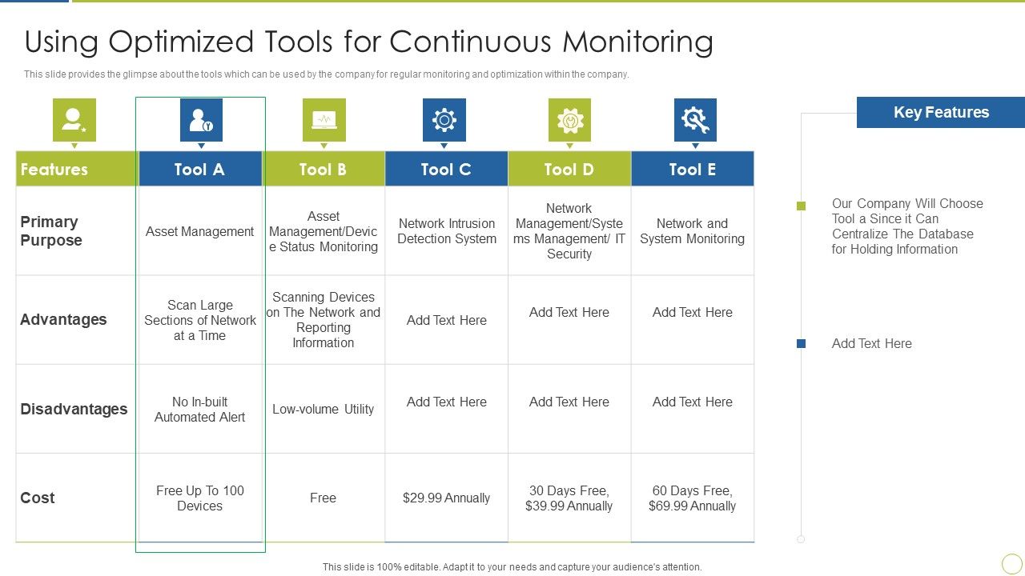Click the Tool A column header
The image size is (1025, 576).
pos(199,169)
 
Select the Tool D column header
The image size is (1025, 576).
pos(569,169)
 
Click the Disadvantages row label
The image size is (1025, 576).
pos(74,409)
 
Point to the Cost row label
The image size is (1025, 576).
pos(38,498)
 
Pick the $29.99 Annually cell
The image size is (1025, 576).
pos(446,498)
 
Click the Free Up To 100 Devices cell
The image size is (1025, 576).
pos(199,498)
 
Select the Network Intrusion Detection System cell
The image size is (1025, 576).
pos(446,231)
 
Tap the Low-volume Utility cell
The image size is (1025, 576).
pos(323,409)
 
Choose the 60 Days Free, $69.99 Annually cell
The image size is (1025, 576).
pos(692,498)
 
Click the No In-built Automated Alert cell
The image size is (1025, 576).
pos(199,409)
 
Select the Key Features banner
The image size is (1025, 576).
pos(940,113)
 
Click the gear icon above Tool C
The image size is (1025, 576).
pos(444,120)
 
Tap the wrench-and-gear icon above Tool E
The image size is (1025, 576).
pos(694,120)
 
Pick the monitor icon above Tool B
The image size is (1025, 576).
pos(324,120)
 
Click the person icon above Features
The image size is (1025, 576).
pos(74,120)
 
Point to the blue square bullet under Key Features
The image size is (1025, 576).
pos(801,343)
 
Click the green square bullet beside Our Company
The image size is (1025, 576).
pos(801,206)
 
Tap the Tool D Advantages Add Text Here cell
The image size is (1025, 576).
pos(569,312)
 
